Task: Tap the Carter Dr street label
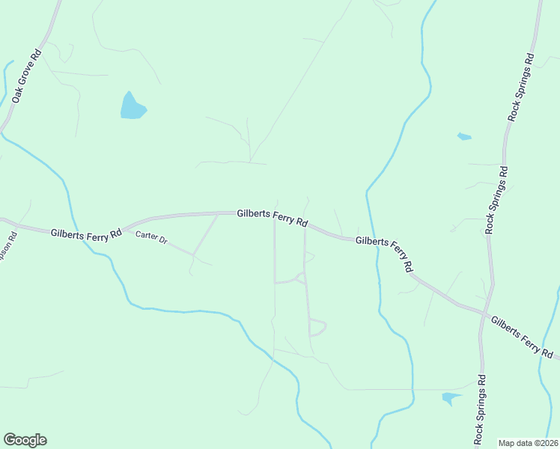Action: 151,240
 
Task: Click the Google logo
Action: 25,440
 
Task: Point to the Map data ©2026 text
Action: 527,443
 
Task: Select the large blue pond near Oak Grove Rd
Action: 132,107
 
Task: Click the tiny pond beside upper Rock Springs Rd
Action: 464,137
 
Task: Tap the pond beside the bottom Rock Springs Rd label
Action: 451,398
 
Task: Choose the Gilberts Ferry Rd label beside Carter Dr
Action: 87,233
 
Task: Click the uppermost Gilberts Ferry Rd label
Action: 273,218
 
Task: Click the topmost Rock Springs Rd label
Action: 522,87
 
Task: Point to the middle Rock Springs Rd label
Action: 497,200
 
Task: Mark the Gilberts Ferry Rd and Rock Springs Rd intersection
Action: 487,313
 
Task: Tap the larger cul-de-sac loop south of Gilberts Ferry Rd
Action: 317,328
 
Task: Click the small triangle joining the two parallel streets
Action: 300,278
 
